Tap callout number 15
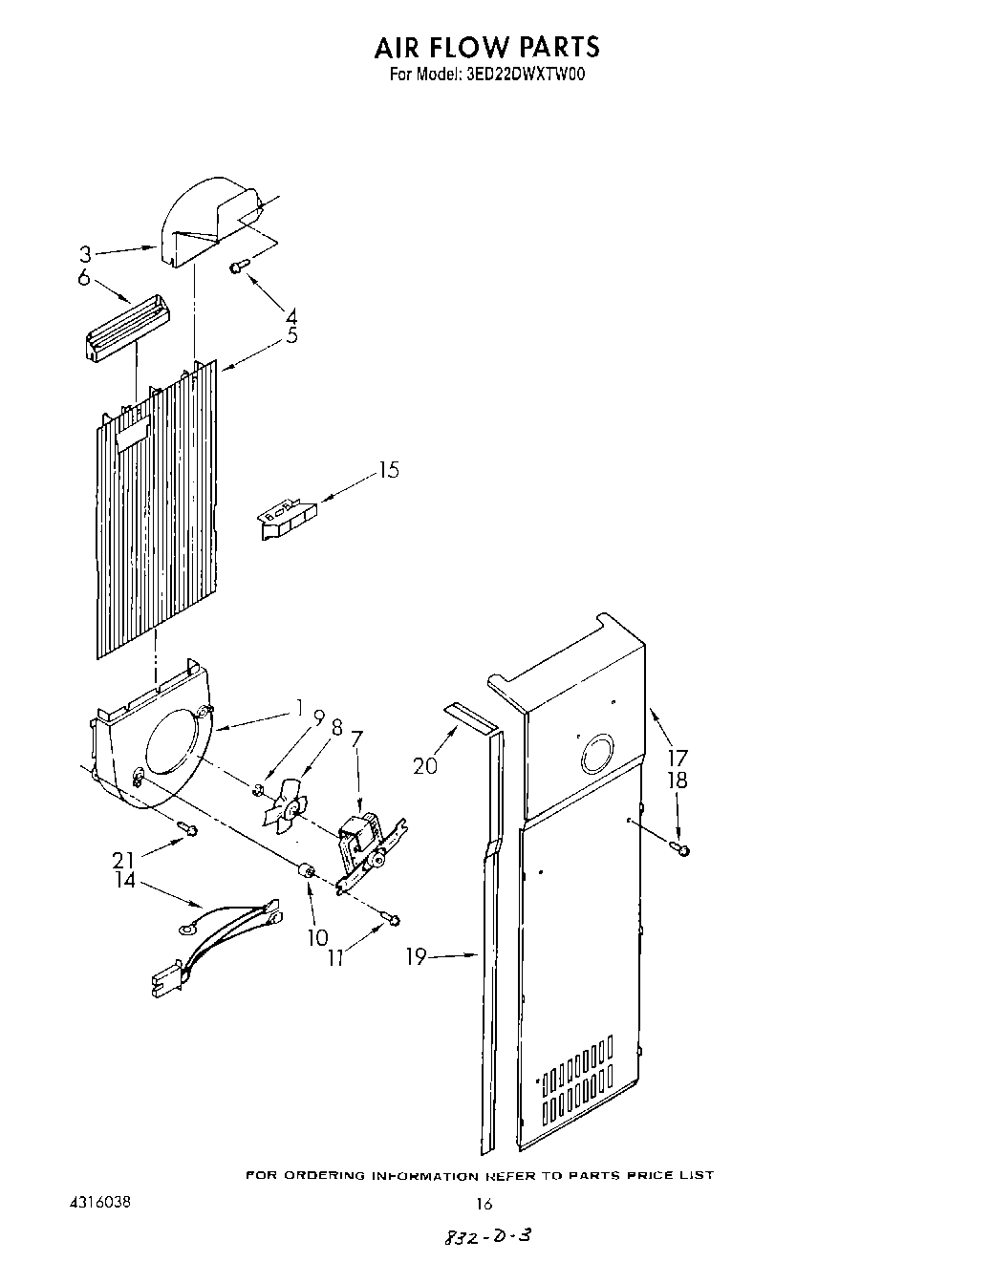[388, 470]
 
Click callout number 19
[416, 955]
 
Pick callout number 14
[125, 880]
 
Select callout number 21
[123, 860]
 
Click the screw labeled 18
[682, 848]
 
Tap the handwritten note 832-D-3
[484, 1235]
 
